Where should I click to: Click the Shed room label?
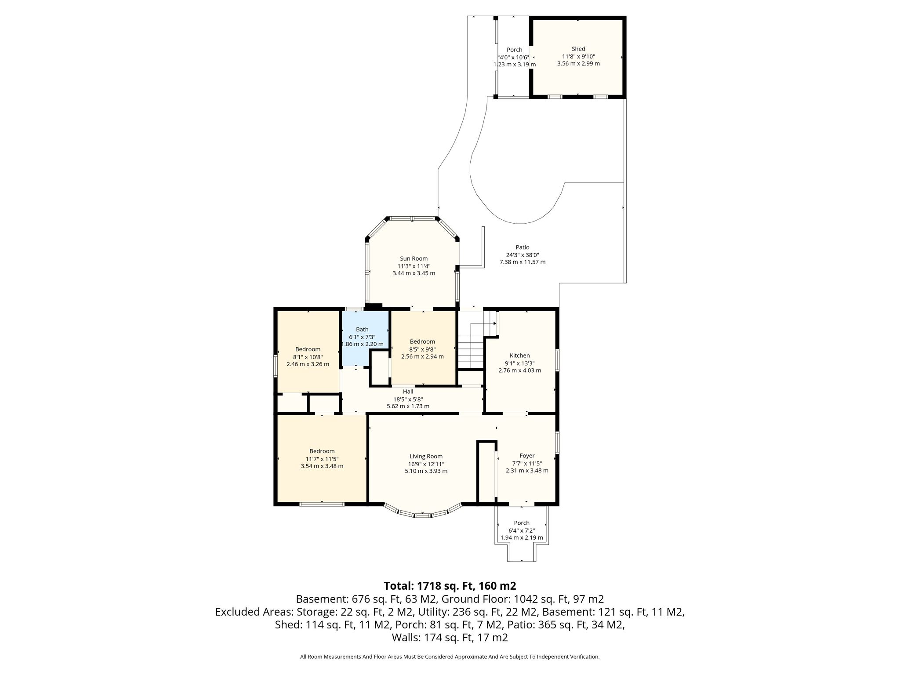[x=578, y=49]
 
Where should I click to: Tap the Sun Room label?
[x=414, y=258]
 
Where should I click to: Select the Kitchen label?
[x=519, y=356]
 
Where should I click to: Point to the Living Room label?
[x=426, y=457]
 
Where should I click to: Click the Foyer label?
[x=527, y=456]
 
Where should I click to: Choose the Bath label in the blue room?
[x=362, y=329]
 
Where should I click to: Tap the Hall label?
[x=408, y=392]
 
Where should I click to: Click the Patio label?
[x=523, y=247]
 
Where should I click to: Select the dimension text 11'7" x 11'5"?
[x=322, y=458]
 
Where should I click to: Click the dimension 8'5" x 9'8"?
[x=422, y=349]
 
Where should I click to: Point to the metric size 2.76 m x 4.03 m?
[x=519, y=370]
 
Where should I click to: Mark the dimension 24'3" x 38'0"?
[x=523, y=255]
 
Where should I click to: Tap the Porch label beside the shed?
[x=515, y=50]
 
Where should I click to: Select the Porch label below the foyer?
[x=522, y=523]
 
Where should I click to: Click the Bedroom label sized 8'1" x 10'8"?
[x=308, y=349]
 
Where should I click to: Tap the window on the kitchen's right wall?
[x=557, y=360]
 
